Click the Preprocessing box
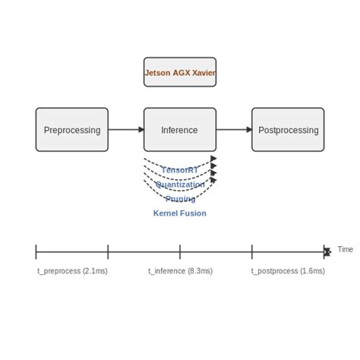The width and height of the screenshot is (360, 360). (x=72, y=130)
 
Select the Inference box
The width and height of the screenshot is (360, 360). (x=180, y=130)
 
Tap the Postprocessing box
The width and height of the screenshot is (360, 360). (x=288, y=130)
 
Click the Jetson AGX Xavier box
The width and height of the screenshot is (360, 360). (x=180, y=72)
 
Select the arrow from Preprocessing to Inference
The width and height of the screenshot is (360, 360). (x=126, y=130)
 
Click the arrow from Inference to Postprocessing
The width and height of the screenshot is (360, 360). (x=234, y=130)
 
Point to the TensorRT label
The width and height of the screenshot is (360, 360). (x=180, y=170)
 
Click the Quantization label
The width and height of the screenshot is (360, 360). (x=180, y=185)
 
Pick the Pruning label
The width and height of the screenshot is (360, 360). (x=180, y=199)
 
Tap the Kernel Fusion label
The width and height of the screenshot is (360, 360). (x=180, y=213)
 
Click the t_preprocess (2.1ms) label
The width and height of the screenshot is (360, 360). (x=72, y=270)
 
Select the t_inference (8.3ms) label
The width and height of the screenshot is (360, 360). (x=180, y=270)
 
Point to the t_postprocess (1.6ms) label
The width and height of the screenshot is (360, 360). (x=288, y=270)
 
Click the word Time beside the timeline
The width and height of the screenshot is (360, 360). (x=345, y=249)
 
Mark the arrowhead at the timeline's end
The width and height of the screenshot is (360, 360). (x=327, y=251)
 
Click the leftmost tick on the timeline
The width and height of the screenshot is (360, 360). (x=36, y=251)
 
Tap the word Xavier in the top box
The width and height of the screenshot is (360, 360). (x=203, y=74)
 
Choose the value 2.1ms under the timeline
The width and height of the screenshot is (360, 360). (x=94, y=270)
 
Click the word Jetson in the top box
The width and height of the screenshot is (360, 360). (x=157, y=74)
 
